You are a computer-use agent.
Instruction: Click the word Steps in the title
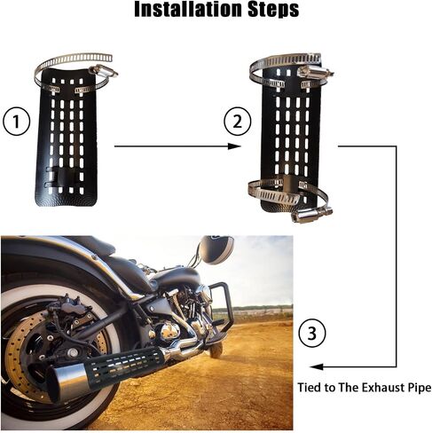point(273,10)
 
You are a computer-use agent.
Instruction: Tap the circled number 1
point(16,122)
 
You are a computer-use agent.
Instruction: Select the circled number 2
point(238,122)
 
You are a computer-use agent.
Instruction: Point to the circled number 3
point(312,334)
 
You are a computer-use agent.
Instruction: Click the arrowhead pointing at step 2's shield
point(234,146)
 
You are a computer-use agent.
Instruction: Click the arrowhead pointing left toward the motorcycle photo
point(317,367)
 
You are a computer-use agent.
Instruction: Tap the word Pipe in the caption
point(420,388)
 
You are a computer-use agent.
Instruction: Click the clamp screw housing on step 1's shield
point(103,71)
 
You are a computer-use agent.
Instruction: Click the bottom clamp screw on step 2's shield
point(311,215)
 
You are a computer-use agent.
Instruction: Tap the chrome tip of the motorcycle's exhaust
point(67,382)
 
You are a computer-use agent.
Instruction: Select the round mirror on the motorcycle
point(216,249)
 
